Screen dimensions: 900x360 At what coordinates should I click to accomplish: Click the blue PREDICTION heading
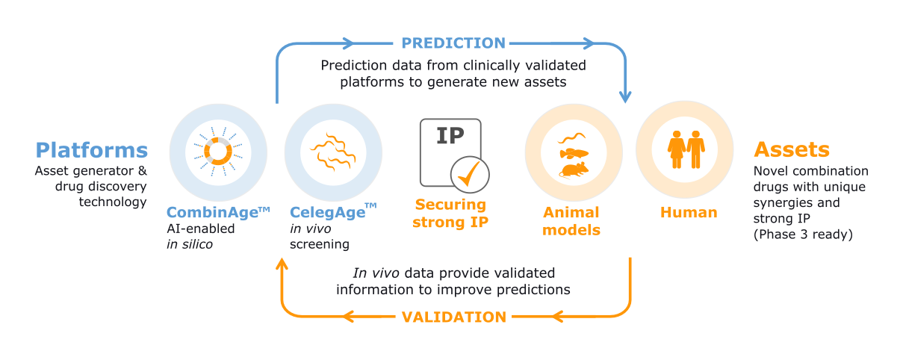pos(453,43)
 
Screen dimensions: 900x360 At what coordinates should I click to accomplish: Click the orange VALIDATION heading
pos(454,317)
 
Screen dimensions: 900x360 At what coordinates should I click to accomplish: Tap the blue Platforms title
pos(92,150)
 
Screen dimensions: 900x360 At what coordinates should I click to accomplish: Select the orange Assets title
pos(792,149)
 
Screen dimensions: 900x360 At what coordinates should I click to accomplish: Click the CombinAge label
pos(218,211)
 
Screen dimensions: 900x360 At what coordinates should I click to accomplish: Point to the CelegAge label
pos(333,211)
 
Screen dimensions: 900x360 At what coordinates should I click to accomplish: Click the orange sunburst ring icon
pos(218,152)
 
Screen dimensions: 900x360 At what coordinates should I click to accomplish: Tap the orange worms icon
pos(333,152)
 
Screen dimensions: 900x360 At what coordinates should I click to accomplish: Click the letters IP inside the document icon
pos(450,136)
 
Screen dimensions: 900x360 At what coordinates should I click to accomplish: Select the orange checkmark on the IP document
pos(469,174)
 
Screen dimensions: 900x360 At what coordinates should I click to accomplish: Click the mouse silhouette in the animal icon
pos(574,170)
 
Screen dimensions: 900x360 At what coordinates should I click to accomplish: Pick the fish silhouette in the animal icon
pos(574,153)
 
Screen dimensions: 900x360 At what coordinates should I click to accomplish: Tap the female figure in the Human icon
pos(677,149)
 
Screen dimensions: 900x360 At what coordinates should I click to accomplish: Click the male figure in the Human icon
pos(696,149)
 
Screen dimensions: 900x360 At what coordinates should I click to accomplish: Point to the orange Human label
pos(689,212)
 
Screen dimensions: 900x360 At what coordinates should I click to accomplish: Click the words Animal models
pos(571,221)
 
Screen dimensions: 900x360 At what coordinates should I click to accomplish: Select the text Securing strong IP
pos(450,213)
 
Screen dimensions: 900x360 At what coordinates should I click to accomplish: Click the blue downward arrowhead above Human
pos(625,97)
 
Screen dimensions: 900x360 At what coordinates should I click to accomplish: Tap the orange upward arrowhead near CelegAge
pos(282,264)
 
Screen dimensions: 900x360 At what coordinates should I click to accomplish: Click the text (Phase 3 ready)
pos(803,235)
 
